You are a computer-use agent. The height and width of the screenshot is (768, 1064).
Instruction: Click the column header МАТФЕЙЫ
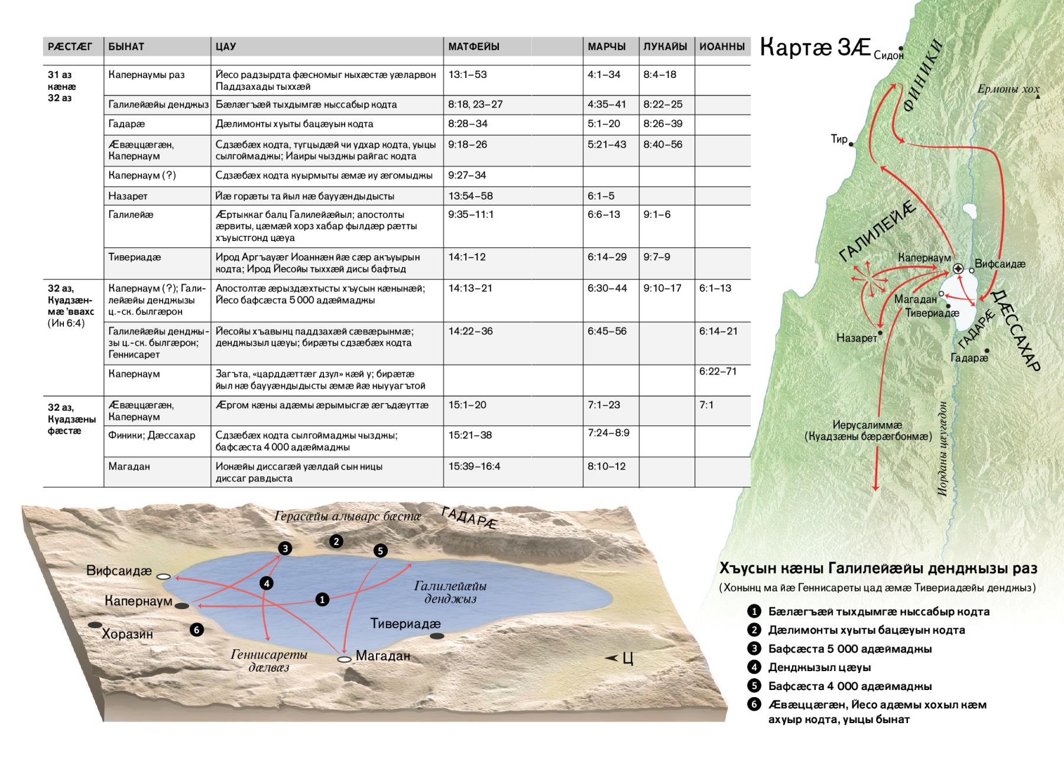(473, 47)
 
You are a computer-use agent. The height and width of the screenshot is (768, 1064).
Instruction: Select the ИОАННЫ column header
(721, 47)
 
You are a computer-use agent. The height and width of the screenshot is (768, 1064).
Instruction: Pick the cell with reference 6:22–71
(718, 372)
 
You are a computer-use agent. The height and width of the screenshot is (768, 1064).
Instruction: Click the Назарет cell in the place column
(128, 196)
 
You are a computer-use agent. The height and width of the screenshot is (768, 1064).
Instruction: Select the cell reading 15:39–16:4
(474, 467)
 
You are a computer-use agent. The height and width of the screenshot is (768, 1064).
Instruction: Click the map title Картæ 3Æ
(814, 47)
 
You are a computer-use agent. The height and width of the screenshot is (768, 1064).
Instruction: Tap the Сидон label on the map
(888, 56)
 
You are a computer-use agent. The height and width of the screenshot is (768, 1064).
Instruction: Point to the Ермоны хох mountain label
(1007, 90)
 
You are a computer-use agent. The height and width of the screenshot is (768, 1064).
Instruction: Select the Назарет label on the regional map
(857, 339)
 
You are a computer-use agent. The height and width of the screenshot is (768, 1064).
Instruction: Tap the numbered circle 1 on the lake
(322, 599)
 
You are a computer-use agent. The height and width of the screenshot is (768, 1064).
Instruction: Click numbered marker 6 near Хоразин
(196, 630)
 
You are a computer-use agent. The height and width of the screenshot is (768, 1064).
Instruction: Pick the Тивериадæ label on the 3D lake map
(406, 624)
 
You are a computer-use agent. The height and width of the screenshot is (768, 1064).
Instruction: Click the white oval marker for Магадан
(344, 659)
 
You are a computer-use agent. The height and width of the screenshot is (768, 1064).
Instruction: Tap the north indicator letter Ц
(628, 659)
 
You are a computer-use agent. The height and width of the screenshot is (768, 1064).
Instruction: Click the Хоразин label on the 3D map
(127, 634)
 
